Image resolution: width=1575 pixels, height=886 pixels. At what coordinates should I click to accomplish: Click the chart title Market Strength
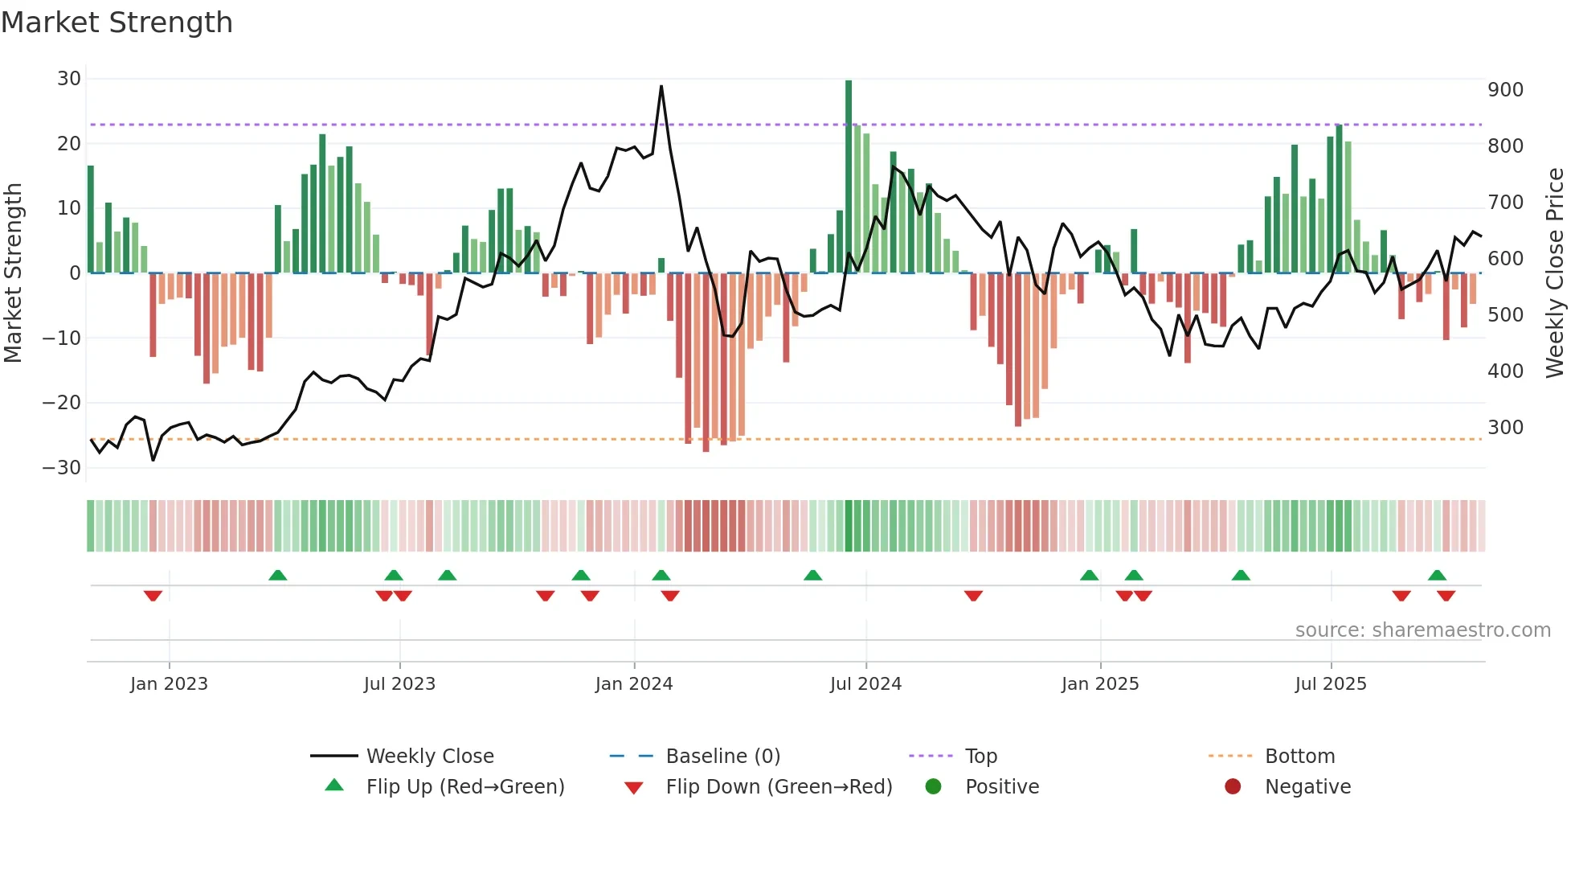[117, 23]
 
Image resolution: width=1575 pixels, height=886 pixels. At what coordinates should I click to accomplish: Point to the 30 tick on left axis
[69, 79]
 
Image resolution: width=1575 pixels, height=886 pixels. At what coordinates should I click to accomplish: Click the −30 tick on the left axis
[63, 468]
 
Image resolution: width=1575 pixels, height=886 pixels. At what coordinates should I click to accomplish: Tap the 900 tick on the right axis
[1505, 90]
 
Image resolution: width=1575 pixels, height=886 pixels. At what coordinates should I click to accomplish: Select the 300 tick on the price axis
[1505, 428]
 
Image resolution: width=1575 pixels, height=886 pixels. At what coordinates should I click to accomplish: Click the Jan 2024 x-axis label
[633, 684]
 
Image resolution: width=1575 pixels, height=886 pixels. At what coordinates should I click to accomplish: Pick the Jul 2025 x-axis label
[1330, 684]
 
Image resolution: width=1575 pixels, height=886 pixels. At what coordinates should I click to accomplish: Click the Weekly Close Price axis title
[1555, 273]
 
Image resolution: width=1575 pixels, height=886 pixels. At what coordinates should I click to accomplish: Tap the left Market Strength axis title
[13, 273]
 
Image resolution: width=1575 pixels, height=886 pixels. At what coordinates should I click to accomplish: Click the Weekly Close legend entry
[429, 757]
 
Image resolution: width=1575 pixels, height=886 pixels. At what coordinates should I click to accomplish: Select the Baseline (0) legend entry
[722, 757]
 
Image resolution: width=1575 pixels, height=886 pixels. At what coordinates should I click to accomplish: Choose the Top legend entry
[980, 757]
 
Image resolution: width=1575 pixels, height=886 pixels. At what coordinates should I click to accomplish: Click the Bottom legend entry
[1299, 757]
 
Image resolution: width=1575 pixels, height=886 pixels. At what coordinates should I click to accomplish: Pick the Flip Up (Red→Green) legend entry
[464, 787]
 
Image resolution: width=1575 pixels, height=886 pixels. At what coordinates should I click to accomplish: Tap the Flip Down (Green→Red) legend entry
[778, 787]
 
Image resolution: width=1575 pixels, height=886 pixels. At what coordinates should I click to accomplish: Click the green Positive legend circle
[933, 786]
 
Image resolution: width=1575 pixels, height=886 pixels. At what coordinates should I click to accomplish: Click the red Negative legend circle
[1233, 786]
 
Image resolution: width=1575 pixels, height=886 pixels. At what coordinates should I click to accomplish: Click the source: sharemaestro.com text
[1422, 630]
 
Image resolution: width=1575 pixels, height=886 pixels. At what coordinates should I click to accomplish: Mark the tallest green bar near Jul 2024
[849, 177]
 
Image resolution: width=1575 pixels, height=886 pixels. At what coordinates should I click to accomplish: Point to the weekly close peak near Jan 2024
[661, 87]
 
